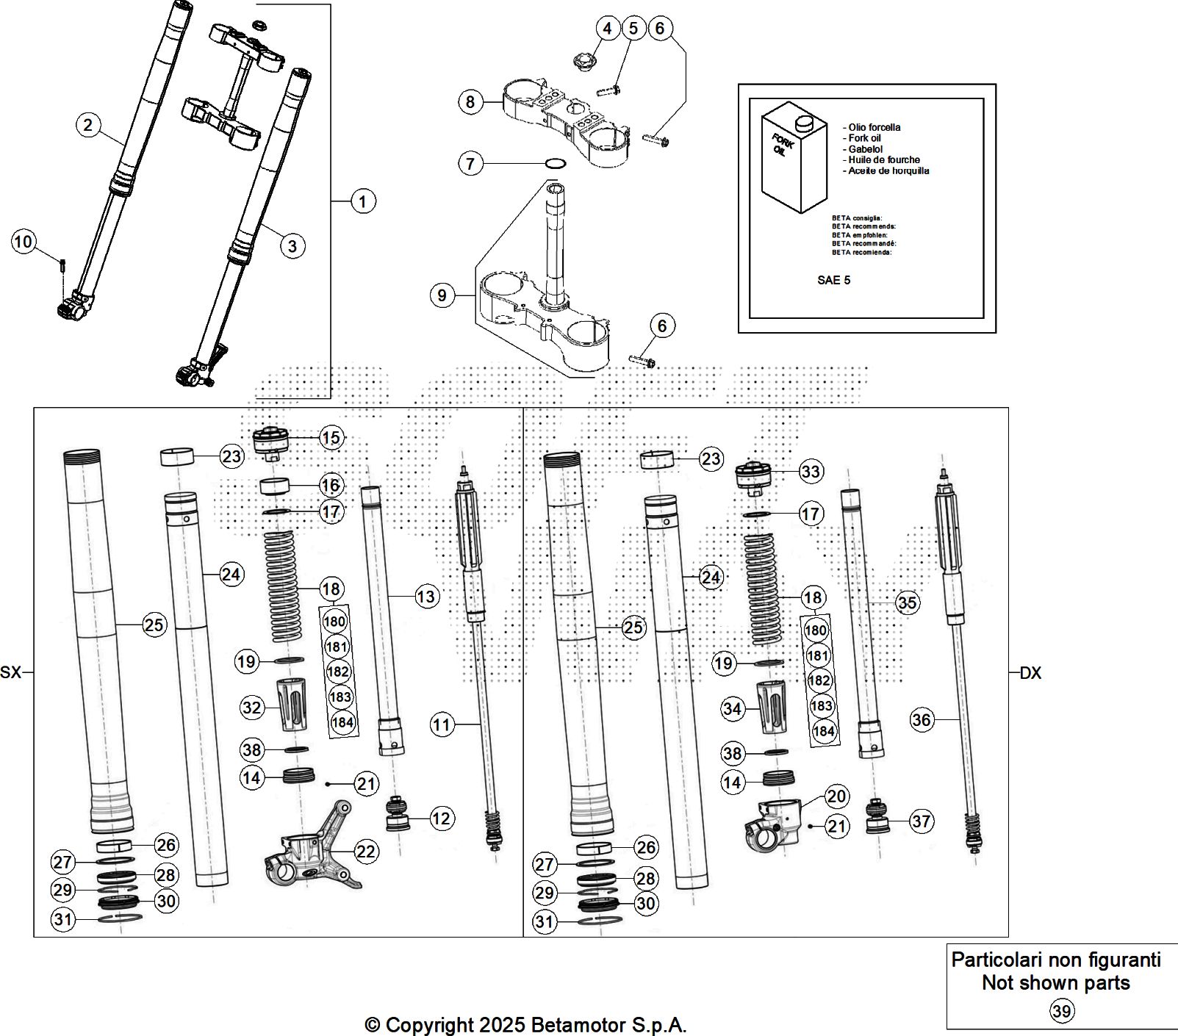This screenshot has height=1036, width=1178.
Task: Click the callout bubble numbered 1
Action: coord(363,201)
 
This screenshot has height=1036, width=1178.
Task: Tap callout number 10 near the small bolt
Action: coord(24,241)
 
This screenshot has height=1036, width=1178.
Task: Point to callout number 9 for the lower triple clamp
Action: coord(442,295)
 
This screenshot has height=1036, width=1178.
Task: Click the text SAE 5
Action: coord(833,280)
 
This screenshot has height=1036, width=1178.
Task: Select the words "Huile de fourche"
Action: coord(883,159)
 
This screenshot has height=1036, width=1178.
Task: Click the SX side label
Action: coord(11,672)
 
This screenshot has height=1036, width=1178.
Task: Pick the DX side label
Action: coord(1030,673)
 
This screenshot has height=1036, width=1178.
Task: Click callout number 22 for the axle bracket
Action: coord(366,852)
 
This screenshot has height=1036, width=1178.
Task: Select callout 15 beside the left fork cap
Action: coord(331,438)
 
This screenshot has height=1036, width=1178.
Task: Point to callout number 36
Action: coord(922,719)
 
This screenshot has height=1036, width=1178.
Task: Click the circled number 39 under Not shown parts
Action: coord(1061,1012)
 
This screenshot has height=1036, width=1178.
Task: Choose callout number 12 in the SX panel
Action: coord(442,818)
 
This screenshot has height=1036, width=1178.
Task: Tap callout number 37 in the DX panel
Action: coord(922,821)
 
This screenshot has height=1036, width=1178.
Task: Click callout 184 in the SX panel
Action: coord(342,722)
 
